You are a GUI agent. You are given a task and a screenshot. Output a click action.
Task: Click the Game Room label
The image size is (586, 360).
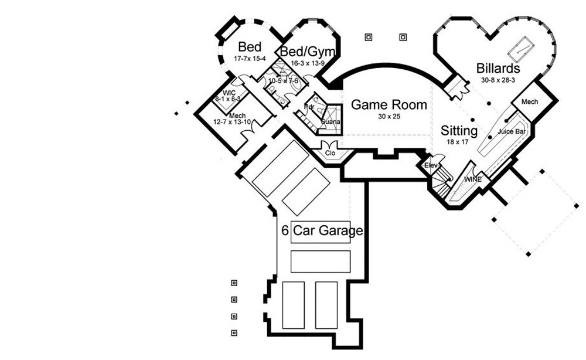tap(389, 105)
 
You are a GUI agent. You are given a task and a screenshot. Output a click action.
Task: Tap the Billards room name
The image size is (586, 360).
tap(498, 68)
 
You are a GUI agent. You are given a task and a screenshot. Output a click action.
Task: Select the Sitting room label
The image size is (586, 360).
tap(459, 130)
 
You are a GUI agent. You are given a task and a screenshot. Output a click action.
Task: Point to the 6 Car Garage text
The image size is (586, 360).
tap(322, 230)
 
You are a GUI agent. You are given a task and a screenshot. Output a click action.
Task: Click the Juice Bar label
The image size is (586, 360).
tap(511, 132)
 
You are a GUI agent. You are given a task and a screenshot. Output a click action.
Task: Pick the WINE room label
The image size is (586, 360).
tap(473, 178)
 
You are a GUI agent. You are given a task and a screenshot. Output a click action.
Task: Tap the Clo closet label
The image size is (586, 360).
tap(330, 153)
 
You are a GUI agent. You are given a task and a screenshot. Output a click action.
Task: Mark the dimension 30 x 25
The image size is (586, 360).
tap(389, 117)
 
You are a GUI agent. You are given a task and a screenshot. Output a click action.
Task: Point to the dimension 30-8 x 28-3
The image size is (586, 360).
tap(498, 79)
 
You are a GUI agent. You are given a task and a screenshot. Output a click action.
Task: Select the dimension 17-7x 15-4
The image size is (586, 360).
tap(250, 59)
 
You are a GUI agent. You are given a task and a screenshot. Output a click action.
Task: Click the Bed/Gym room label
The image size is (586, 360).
tap(302, 52)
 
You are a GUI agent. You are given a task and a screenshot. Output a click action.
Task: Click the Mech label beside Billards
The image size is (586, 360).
tap(529, 102)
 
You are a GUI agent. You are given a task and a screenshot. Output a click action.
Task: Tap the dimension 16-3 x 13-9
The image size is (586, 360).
tap(302, 63)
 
